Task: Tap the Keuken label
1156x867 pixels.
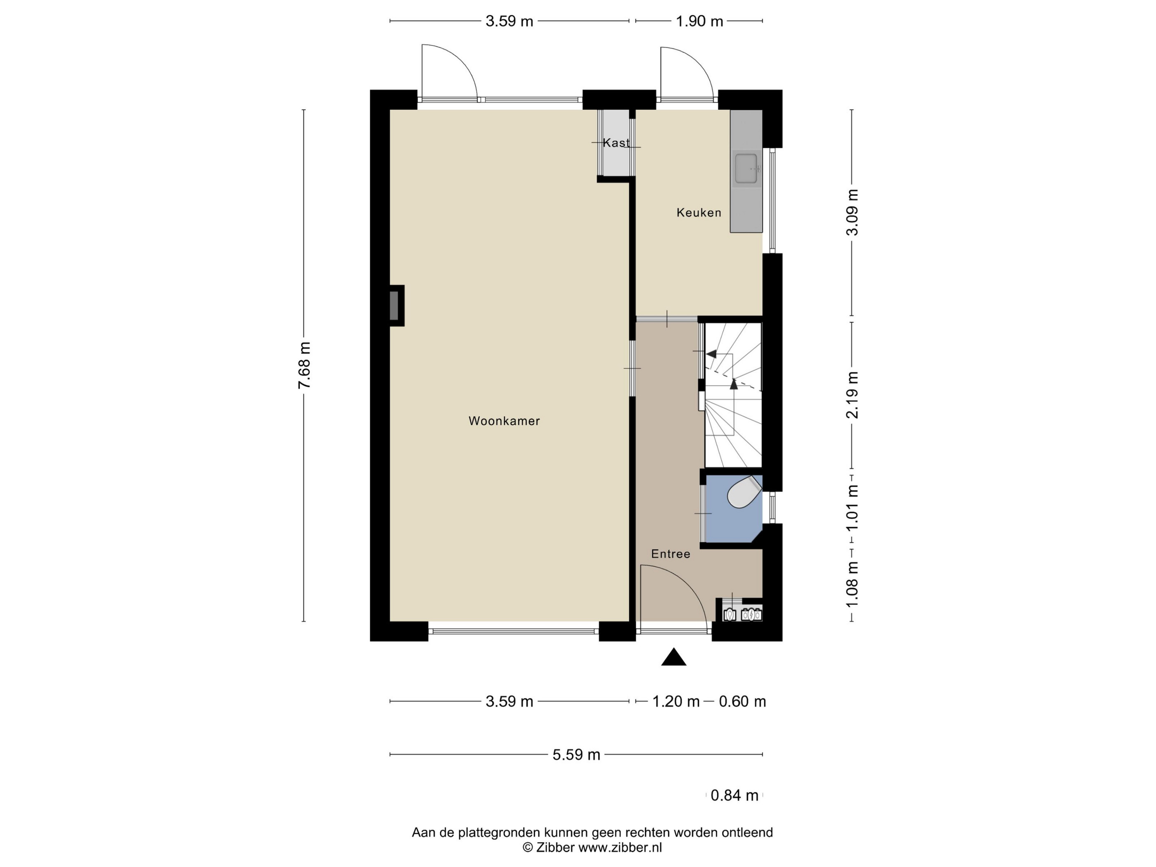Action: (699, 213)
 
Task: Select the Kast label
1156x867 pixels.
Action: (616, 143)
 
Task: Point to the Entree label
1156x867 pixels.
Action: (670, 554)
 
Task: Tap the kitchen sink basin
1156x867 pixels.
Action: (746, 169)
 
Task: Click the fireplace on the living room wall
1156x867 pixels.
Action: (396, 306)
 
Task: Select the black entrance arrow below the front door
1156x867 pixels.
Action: (674, 657)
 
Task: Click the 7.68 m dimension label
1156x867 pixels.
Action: (304, 365)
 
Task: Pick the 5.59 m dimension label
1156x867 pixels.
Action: (576, 755)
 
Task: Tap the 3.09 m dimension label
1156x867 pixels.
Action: (853, 212)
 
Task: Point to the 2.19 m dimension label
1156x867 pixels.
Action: (853, 395)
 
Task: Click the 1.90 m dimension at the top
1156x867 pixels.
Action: (699, 21)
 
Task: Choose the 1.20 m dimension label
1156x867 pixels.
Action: (676, 701)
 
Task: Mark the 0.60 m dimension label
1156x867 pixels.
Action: (742, 701)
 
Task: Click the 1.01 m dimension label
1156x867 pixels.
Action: (853, 508)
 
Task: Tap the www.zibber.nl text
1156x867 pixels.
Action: (620, 848)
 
